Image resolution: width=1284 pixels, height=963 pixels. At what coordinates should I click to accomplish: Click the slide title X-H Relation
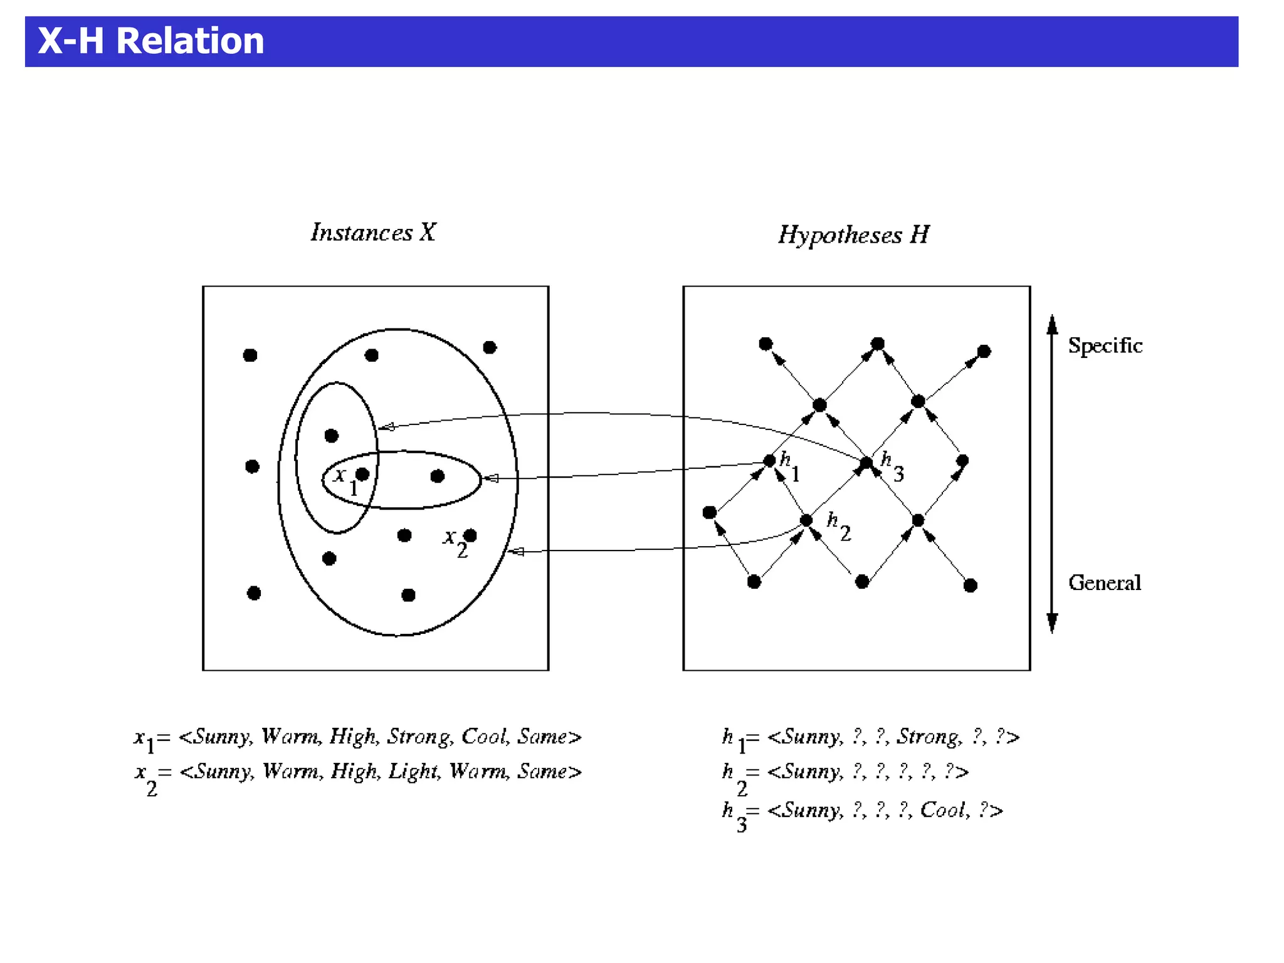pyautogui.click(x=150, y=41)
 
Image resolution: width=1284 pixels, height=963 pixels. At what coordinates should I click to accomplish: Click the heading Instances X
pyautogui.click(x=373, y=233)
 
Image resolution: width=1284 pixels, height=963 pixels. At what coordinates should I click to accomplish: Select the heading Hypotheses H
pyautogui.click(x=853, y=235)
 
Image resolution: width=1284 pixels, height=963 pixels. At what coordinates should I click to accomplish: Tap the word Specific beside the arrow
pyautogui.click(x=1105, y=345)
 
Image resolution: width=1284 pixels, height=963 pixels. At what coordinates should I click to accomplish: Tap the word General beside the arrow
pyautogui.click(x=1104, y=583)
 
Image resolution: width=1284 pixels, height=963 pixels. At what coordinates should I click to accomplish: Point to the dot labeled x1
pyautogui.click(x=362, y=474)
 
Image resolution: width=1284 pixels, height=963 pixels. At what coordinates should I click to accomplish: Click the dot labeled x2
pyautogui.click(x=470, y=535)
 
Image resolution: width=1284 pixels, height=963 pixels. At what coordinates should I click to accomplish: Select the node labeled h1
pyautogui.click(x=769, y=461)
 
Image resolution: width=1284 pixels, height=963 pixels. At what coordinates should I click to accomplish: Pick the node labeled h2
pyautogui.click(x=806, y=520)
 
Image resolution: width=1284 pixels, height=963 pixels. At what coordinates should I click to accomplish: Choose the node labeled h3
pyautogui.click(x=866, y=463)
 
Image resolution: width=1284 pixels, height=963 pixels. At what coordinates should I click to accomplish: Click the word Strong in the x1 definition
pyautogui.click(x=419, y=736)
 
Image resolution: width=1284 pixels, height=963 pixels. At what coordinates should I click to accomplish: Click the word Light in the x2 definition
pyautogui.click(x=413, y=771)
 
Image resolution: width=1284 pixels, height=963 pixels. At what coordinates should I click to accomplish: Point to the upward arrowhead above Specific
pyautogui.click(x=1053, y=324)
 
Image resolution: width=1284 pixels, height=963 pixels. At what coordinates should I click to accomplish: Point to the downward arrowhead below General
pyautogui.click(x=1053, y=623)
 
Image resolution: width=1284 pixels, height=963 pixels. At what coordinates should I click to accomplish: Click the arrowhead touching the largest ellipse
pyautogui.click(x=515, y=552)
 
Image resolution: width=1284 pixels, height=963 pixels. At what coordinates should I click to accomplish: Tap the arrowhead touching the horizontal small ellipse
pyautogui.click(x=491, y=478)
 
